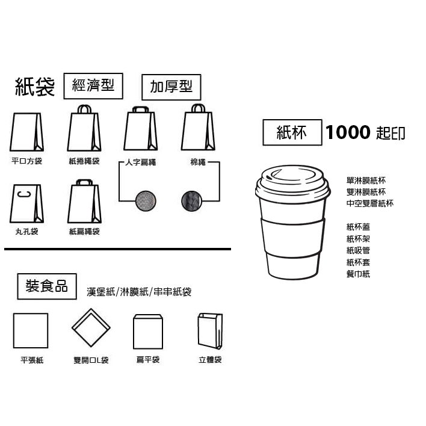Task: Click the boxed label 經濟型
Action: click(x=93, y=86)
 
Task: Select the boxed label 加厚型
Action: click(x=171, y=87)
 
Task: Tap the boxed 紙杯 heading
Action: click(x=292, y=132)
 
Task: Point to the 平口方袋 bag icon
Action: click(x=27, y=132)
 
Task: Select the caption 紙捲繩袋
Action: click(x=84, y=161)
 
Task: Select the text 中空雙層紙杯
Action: click(x=369, y=203)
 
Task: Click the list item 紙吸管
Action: click(x=358, y=250)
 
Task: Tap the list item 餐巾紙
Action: click(x=358, y=274)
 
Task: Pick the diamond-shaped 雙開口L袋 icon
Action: click(x=91, y=329)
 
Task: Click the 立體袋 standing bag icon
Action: click(x=210, y=330)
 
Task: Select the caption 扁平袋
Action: click(x=148, y=360)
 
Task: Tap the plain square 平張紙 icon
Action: click(x=31, y=330)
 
